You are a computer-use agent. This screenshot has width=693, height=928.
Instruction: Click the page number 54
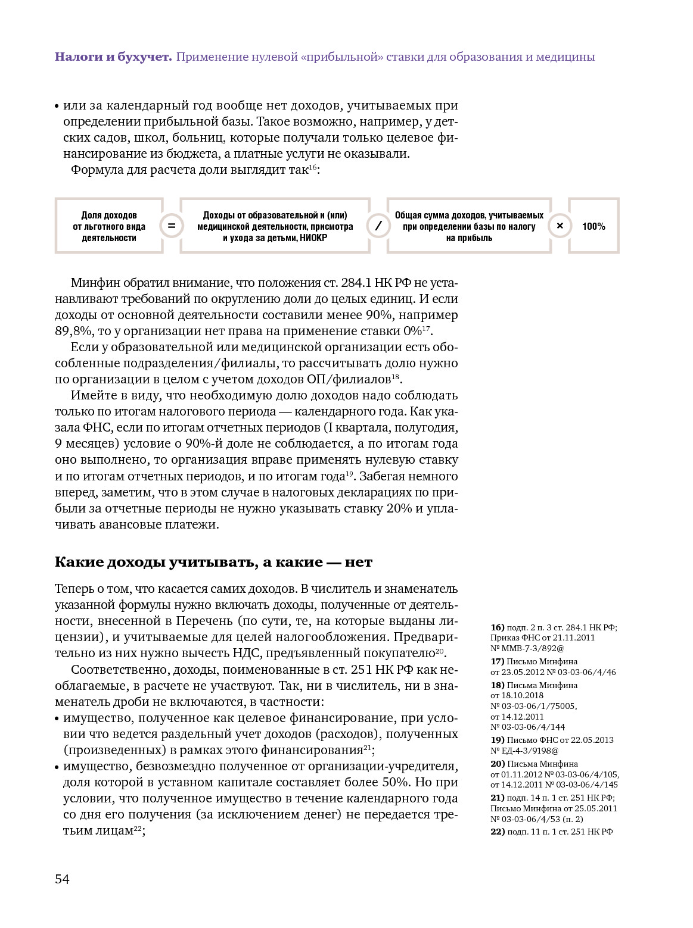tap(62, 879)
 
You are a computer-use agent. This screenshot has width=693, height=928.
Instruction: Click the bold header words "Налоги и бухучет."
tap(113, 57)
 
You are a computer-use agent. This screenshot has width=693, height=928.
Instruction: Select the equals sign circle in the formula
tap(171, 226)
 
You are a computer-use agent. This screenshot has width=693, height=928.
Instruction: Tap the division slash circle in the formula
tap(378, 226)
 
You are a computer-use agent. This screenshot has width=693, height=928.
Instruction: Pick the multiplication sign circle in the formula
tap(560, 226)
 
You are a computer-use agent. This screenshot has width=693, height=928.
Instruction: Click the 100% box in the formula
tap(593, 226)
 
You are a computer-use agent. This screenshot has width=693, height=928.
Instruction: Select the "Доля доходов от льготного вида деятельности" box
tap(109, 226)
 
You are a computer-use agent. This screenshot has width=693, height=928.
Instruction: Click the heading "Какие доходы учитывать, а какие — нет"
tap(213, 562)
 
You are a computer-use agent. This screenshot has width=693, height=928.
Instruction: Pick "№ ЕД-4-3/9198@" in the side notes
tap(524, 751)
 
